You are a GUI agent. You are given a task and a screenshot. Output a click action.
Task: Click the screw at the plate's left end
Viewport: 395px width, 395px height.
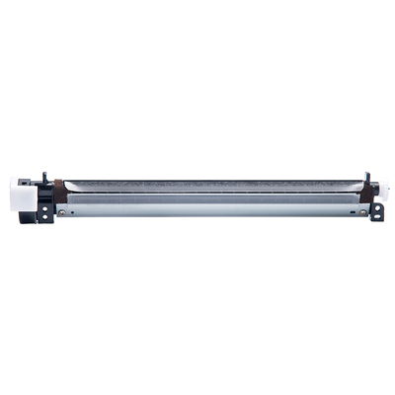tap(62, 210)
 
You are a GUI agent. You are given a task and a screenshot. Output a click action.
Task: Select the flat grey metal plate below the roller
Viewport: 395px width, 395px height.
tap(207, 208)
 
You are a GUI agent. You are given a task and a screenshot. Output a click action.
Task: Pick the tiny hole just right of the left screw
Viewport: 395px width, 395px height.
tap(69, 210)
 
